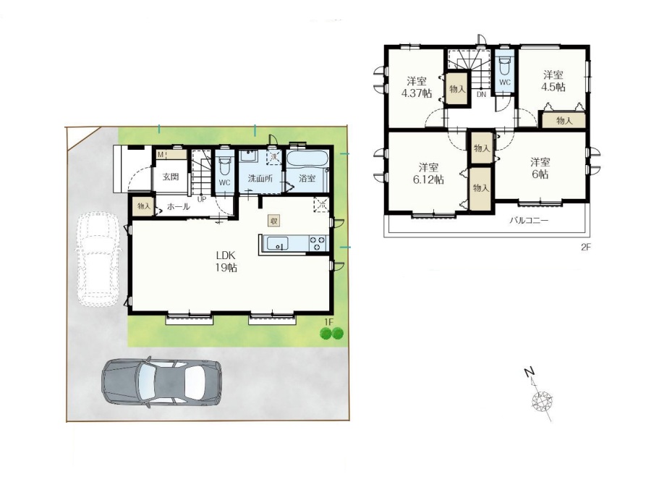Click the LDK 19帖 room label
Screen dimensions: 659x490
tap(226, 261)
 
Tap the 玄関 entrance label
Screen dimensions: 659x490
tap(171, 177)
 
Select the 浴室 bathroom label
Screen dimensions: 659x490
tap(307, 178)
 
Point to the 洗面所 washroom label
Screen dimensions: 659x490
tap(260, 178)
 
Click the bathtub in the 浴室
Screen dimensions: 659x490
tap(307, 159)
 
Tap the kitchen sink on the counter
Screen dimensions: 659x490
tap(277, 243)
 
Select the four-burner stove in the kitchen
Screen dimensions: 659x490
tap(318, 243)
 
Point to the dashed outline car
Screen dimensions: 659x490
tap(97, 260)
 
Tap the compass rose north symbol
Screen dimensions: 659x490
tap(541, 399)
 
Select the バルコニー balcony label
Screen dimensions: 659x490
tap(529, 220)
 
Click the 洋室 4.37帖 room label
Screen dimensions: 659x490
tap(417, 87)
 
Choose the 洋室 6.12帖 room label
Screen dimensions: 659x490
tap(428, 173)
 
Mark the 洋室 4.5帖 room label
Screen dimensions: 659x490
tap(553, 81)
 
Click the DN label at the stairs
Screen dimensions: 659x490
tap(481, 95)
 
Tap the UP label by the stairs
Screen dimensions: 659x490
tap(202, 199)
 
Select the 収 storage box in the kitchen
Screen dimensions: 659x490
tap(274, 221)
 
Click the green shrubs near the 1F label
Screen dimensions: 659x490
tap(331, 334)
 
